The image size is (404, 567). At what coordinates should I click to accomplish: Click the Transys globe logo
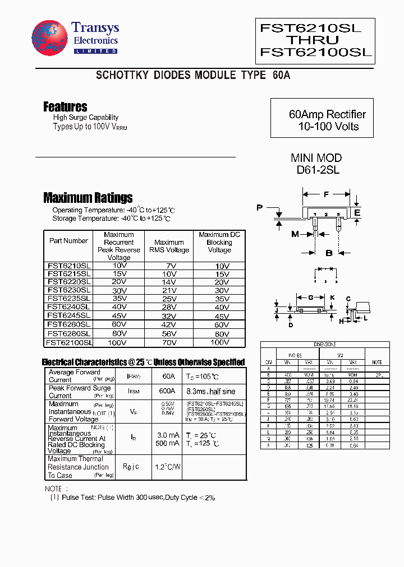(x=50, y=39)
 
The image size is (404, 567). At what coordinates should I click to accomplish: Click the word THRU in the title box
(x=313, y=40)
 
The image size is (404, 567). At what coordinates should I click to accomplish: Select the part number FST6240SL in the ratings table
(x=68, y=306)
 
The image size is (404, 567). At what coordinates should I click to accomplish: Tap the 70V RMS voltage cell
(x=169, y=341)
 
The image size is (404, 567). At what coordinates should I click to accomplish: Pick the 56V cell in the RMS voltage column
(x=169, y=333)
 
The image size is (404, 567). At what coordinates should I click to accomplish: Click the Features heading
(x=65, y=106)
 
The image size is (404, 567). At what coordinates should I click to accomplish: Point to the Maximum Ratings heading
(x=88, y=197)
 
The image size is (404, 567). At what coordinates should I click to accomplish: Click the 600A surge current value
(x=167, y=391)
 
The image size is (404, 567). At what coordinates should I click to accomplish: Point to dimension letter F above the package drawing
(x=327, y=194)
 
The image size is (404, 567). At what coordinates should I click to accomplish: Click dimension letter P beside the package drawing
(x=259, y=208)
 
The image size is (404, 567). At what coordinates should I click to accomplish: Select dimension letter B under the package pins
(x=329, y=253)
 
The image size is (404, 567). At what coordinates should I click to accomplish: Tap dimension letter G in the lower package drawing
(x=311, y=297)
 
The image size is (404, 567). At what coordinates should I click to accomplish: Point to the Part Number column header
(x=68, y=241)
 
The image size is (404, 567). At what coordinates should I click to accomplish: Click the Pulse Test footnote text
(x=132, y=497)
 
